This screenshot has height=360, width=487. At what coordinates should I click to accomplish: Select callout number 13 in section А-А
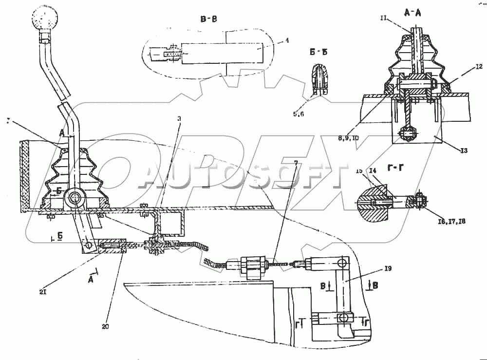[x=463, y=151]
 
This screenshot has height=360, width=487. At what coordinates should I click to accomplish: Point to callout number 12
[x=466, y=67]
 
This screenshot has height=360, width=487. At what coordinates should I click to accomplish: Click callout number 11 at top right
[x=383, y=18]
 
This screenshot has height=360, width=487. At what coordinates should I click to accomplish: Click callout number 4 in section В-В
[x=287, y=41]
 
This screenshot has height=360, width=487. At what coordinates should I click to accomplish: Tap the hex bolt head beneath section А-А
[x=407, y=134]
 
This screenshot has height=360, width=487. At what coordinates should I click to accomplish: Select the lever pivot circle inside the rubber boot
[x=75, y=198]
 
